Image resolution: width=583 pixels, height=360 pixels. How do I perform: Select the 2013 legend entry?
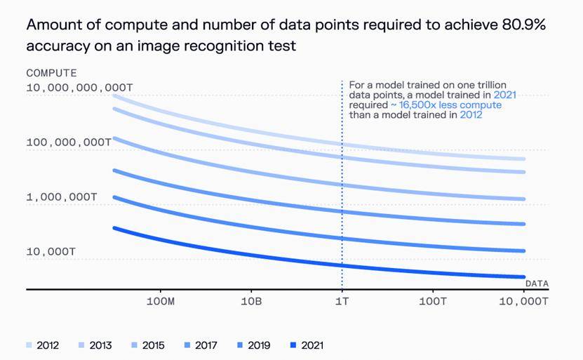[94, 345]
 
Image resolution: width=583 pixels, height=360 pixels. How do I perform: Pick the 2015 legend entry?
[147, 345]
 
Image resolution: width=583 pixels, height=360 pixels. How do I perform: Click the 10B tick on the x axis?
[251, 301]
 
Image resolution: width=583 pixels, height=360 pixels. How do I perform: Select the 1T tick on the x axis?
[342, 301]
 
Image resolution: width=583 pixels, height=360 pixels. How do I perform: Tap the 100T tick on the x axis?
[433, 301]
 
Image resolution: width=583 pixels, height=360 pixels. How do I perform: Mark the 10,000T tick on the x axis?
[523, 301]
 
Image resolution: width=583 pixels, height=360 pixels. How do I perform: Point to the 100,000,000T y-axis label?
[69, 142]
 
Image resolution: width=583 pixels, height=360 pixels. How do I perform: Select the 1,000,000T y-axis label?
[62, 196]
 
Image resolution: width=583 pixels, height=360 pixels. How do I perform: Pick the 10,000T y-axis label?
[51, 251]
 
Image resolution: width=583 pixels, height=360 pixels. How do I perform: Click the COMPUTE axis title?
[51, 73]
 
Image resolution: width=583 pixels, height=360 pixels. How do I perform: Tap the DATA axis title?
[537, 283]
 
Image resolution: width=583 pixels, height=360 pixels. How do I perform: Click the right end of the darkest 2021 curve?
[523, 277]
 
